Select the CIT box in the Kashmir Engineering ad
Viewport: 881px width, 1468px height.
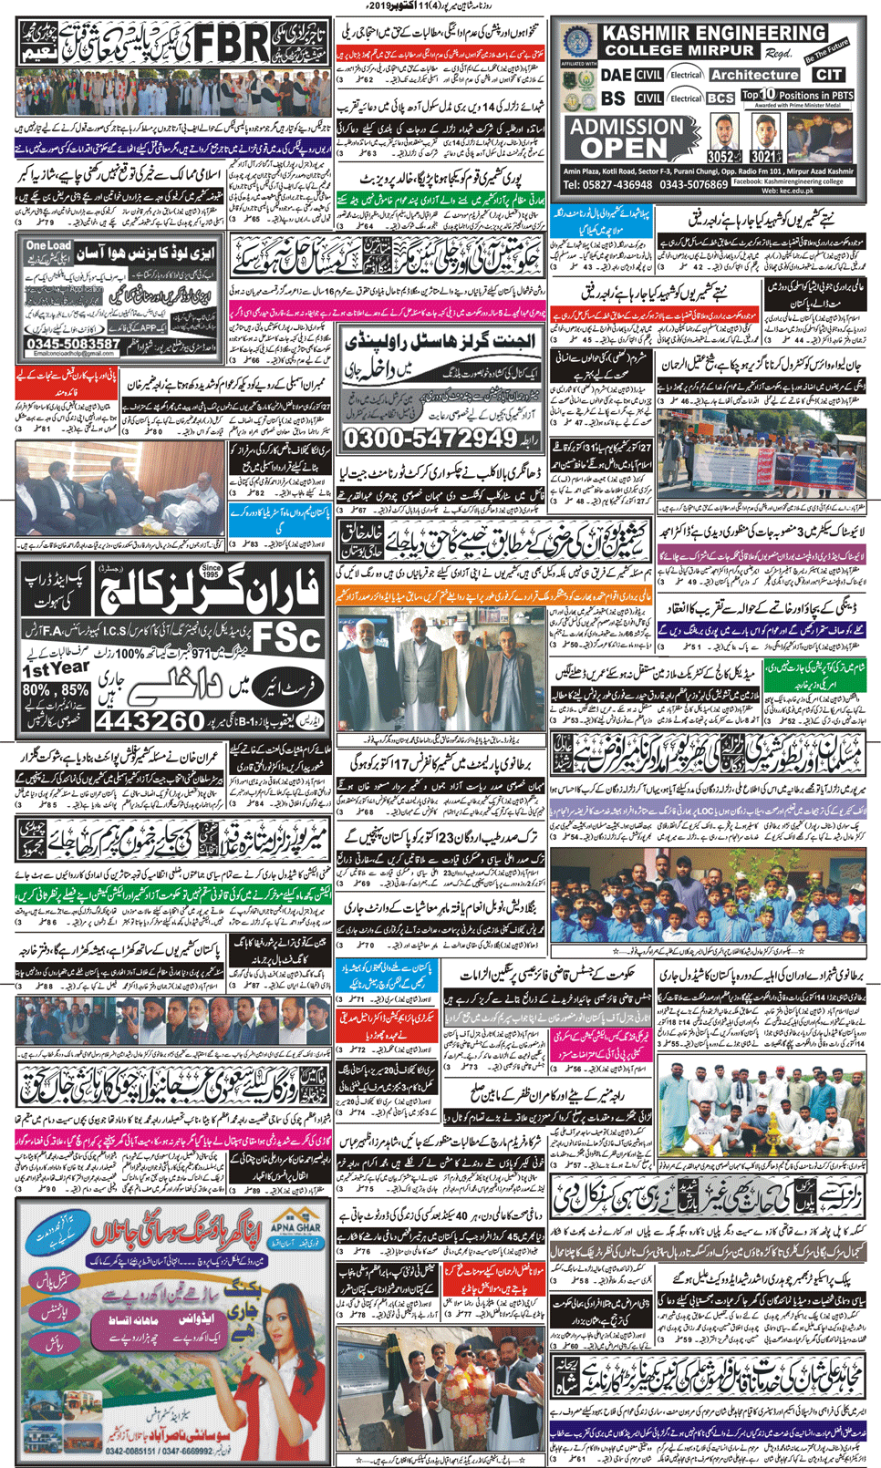click(x=828, y=75)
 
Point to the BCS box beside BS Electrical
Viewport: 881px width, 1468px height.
click(x=720, y=98)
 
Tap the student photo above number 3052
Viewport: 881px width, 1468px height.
click(x=725, y=133)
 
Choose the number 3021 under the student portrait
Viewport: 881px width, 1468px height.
click(x=766, y=158)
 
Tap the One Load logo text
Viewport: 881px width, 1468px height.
click(x=48, y=246)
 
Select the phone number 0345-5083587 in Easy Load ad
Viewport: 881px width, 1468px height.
click(x=73, y=345)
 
